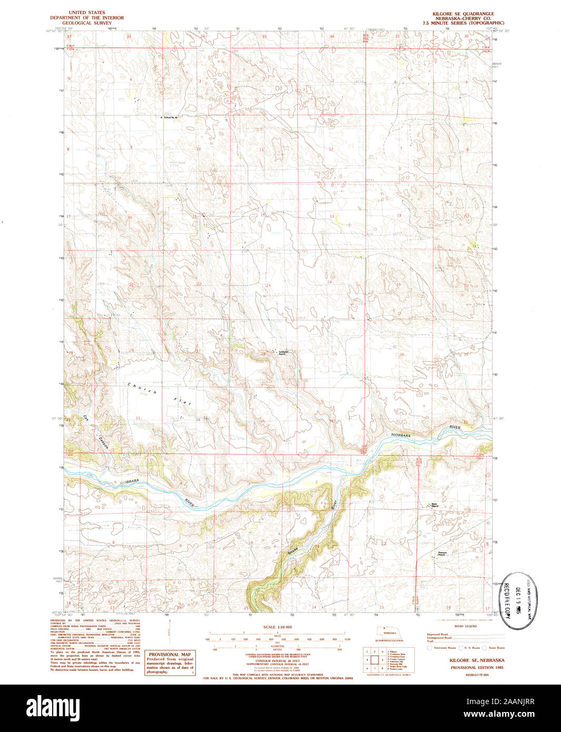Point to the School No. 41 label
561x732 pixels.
(172, 117)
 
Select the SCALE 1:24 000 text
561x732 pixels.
(277, 627)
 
